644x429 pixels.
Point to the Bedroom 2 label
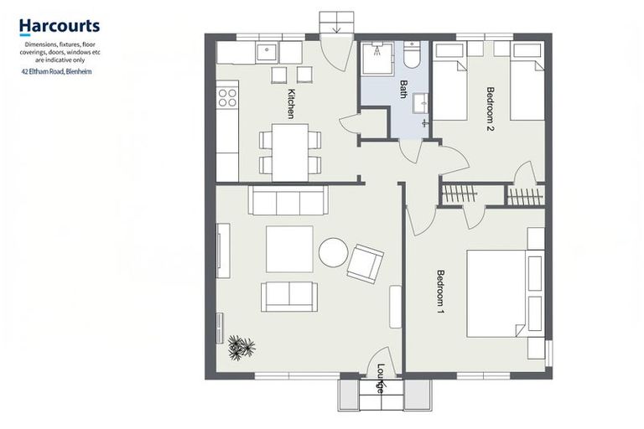(x=491, y=109)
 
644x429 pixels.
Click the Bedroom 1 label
(x=440, y=291)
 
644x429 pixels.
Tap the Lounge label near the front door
(x=381, y=378)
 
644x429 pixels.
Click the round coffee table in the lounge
(x=333, y=252)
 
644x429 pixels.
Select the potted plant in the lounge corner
(x=241, y=347)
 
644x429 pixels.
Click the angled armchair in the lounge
(x=365, y=263)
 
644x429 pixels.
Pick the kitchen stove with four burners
(x=227, y=98)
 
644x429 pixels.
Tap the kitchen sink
(x=267, y=53)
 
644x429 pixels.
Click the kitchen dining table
(x=290, y=152)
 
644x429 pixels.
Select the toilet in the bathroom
(x=412, y=55)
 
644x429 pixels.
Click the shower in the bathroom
(x=378, y=55)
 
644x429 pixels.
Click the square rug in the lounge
(x=289, y=249)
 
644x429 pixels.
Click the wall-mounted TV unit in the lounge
(x=223, y=250)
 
